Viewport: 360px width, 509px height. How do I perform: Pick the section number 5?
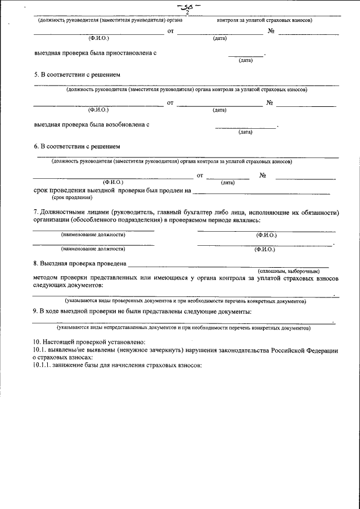[x=35, y=74]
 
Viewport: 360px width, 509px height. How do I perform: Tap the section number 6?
[x=35, y=146]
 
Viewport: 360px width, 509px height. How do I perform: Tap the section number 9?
[x=35, y=311]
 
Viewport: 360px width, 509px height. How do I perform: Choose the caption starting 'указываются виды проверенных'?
[x=186, y=302]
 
